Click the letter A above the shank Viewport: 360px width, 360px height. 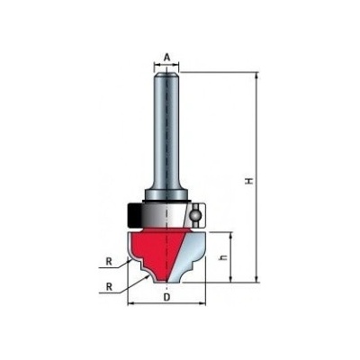pos(166,58)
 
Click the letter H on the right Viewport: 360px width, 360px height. pos(248,181)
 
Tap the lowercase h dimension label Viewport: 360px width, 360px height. pos(223,257)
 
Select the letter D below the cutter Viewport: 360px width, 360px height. pos(166,297)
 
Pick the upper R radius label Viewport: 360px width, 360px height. pos(109,262)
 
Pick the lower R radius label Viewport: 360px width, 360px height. pos(109,287)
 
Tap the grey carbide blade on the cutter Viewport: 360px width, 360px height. pos(189,255)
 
